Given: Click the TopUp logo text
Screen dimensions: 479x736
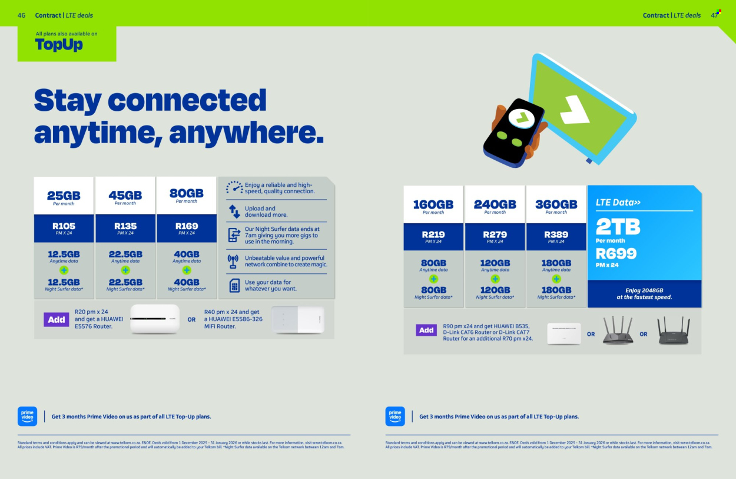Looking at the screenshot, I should coord(59,45).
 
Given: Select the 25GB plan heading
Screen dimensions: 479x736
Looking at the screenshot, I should coord(64,195).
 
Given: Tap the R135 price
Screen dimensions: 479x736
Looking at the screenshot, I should coord(125,226).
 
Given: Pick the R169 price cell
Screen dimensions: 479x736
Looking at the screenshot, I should coord(186,226).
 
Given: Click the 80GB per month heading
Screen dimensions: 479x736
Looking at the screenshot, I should coord(186,193).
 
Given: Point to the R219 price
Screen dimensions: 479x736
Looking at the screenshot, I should coord(433,234).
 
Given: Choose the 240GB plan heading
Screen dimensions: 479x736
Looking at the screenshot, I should coord(495,204).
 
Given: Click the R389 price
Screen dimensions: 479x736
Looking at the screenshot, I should coord(556,234).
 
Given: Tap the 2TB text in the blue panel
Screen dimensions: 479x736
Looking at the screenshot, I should coord(618,227).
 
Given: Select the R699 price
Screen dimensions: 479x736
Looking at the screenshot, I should coord(616,253).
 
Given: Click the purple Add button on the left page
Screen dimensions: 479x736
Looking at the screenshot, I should coord(57,319).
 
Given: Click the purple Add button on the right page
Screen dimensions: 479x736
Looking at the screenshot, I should coord(426,331).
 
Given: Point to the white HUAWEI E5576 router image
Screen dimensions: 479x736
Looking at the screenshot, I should coord(154,319).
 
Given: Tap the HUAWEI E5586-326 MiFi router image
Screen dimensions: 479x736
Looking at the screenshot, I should coord(297,319).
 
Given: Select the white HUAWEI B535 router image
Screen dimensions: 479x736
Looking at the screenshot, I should coord(563,333).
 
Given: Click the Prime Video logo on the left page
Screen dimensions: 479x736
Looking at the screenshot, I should coord(28,416).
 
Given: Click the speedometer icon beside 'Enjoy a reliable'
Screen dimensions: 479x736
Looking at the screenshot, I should coord(234,187).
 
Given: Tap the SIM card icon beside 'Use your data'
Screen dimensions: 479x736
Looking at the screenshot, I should coord(234,285).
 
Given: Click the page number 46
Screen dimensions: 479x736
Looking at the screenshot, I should coord(21,15).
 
